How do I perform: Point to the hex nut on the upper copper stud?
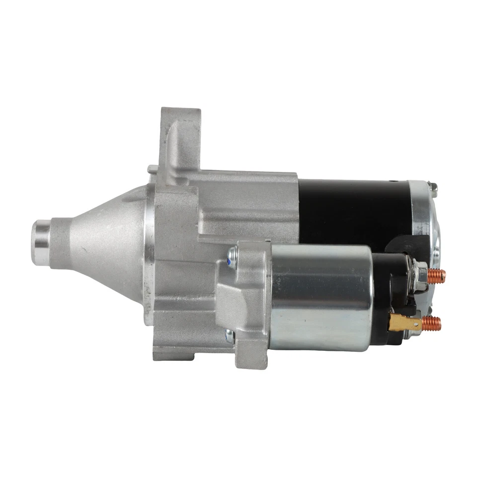coord(420,275)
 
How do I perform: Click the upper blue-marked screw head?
coord(230,259)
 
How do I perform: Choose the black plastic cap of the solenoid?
coord(390,298)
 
